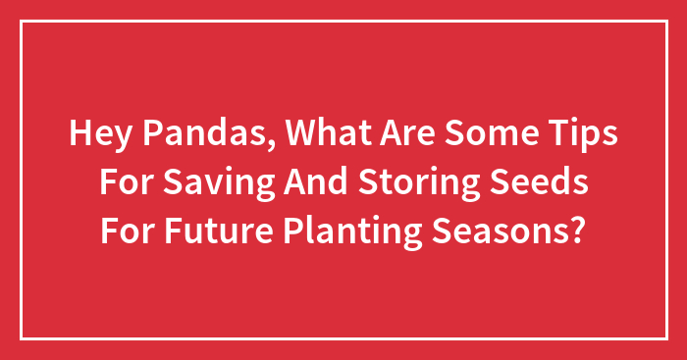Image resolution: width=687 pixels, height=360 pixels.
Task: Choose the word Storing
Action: (423, 183)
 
